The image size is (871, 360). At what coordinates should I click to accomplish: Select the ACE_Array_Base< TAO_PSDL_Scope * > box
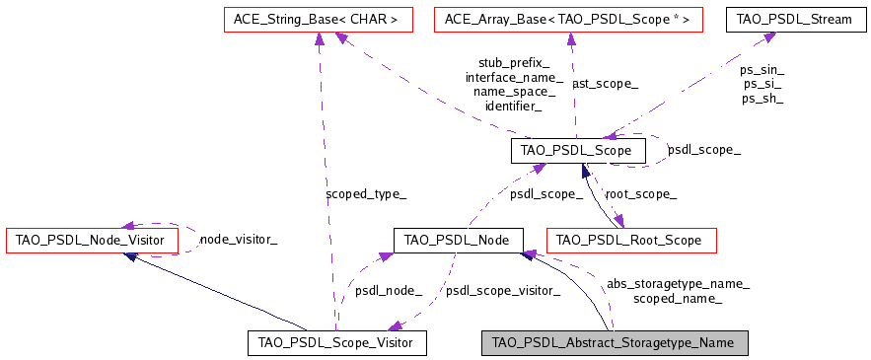(x=568, y=18)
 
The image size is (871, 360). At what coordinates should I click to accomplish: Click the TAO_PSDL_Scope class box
(x=578, y=150)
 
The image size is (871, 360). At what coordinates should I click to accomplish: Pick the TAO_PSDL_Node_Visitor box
(x=92, y=239)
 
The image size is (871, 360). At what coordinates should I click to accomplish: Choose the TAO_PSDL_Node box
(x=457, y=239)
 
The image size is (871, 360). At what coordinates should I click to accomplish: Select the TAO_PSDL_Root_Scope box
(x=630, y=239)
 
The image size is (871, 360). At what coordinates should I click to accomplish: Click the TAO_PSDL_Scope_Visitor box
(x=335, y=342)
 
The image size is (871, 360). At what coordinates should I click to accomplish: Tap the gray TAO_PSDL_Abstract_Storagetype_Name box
(x=614, y=342)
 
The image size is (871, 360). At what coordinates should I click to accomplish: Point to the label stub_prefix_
(x=513, y=62)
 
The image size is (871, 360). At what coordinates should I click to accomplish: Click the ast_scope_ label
(x=605, y=84)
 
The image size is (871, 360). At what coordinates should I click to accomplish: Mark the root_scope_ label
(x=640, y=194)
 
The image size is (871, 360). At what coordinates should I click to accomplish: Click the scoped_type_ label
(x=365, y=194)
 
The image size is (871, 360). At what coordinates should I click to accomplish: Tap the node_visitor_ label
(x=238, y=239)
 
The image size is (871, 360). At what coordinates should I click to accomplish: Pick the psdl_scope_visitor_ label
(x=503, y=290)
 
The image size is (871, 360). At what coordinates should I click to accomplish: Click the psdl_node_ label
(x=389, y=290)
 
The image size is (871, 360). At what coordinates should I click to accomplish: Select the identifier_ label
(x=513, y=106)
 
